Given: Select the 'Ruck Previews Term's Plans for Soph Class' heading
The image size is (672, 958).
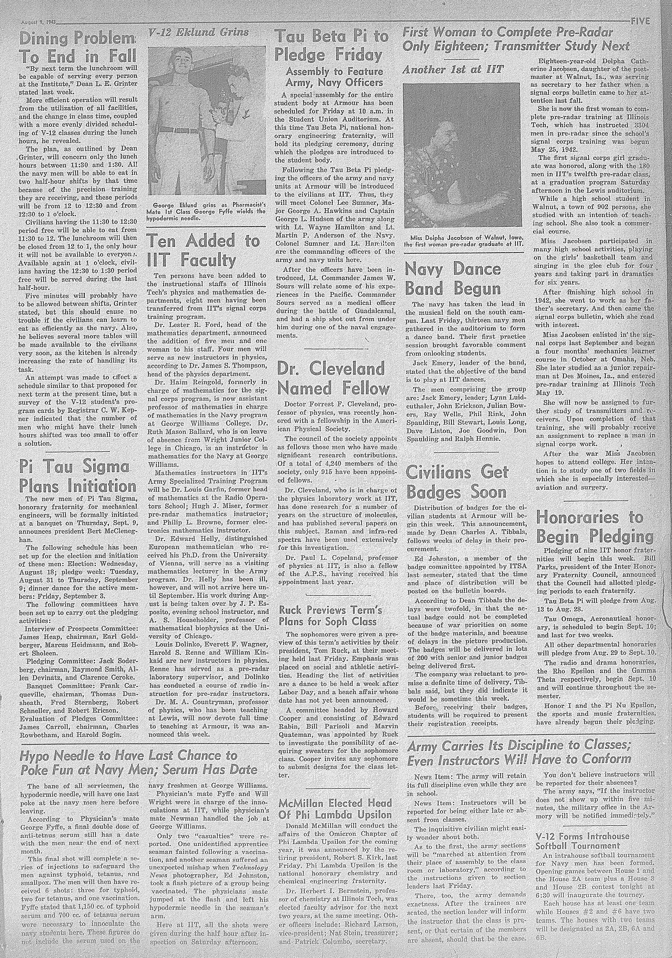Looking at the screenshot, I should tap(330, 616).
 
